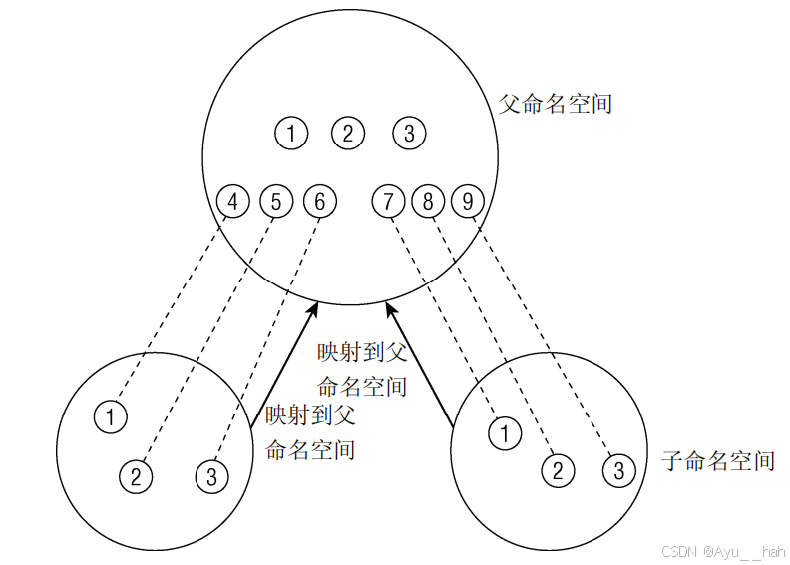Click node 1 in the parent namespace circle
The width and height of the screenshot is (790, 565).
(290, 133)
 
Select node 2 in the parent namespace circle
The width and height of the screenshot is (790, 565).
(348, 133)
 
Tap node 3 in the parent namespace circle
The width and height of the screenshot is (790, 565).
(409, 133)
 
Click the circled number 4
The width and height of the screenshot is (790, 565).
(233, 202)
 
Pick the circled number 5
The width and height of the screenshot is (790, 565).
(276, 202)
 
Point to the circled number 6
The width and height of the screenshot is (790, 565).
(319, 202)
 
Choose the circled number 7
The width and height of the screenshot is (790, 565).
(387, 202)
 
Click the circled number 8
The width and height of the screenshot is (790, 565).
(428, 202)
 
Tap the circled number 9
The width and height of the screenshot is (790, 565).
(467, 202)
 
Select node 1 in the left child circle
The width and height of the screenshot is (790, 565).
(111, 416)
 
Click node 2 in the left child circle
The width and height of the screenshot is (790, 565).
(136, 476)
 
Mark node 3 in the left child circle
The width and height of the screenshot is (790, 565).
(211, 476)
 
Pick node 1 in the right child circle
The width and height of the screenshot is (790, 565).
(505, 433)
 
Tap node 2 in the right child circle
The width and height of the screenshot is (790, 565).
(559, 470)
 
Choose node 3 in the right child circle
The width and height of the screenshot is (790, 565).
(619, 470)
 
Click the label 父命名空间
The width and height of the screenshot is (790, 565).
(555, 103)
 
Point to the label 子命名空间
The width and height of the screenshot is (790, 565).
(718, 460)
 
